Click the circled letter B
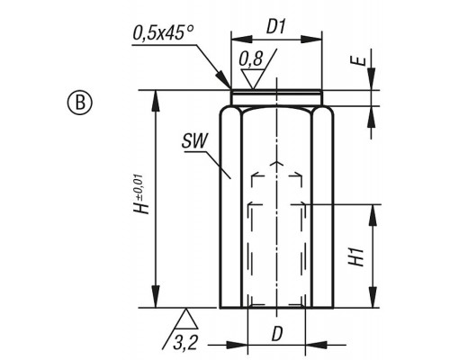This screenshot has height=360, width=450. pyautogui.click(x=79, y=103)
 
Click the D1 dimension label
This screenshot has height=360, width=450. pyautogui.click(x=275, y=27)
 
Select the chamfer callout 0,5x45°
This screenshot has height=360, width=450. pyautogui.click(x=163, y=32)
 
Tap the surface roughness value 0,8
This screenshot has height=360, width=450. pyautogui.click(x=250, y=58)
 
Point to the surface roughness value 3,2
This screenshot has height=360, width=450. pyautogui.click(x=185, y=342)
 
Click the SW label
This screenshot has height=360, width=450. pyautogui.click(x=194, y=140)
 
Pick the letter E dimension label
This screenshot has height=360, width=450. pyautogui.click(x=359, y=61)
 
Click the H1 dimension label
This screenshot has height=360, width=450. pyautogui.click(x=356, y=256)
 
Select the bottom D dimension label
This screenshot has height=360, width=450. pyautogui.click(x=277, y=334)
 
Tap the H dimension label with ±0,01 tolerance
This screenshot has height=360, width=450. pyautogui.click(x=141, y=194)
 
